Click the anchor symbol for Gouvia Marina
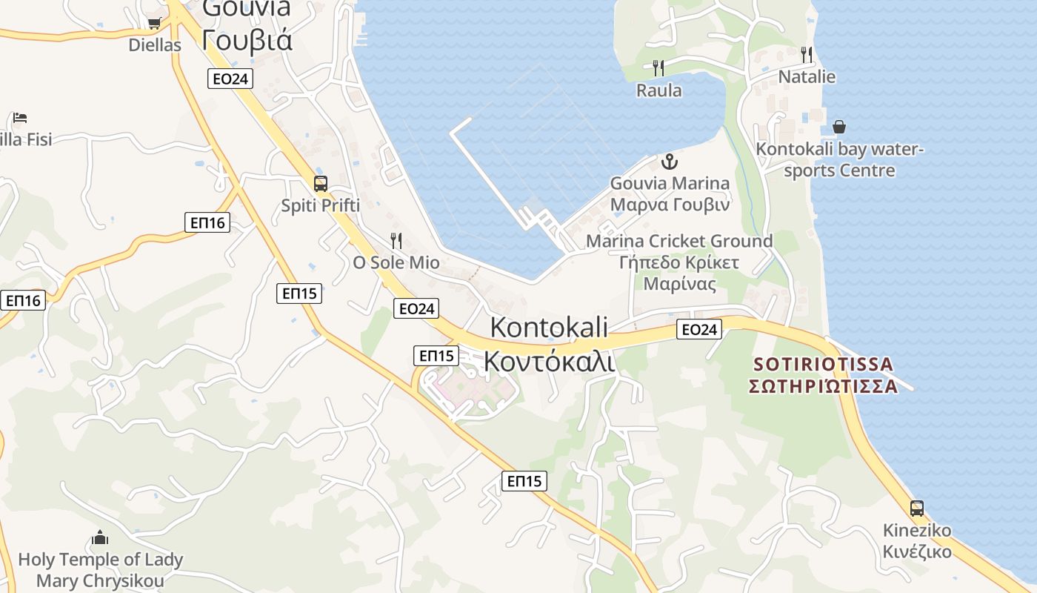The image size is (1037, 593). coord(670,161)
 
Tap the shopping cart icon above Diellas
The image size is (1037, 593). coord(154,23)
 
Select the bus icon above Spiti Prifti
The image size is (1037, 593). coord(321,183)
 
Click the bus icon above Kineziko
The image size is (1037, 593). coord(917,508)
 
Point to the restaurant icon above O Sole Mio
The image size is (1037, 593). coord(396,240)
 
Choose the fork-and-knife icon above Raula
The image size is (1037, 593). coord(658,68)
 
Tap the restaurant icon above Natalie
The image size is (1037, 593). coord(807,54)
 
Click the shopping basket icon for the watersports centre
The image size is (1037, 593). coord(839,127)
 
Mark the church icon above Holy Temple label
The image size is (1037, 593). coord(100,537)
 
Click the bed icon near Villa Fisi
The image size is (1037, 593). coord(20,118)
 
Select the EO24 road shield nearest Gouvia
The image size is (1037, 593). coord(230,79)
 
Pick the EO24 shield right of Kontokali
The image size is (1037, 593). coord(698,329)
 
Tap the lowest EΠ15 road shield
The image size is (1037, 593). coord(524,480)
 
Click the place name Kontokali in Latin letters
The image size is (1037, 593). coord(549,327)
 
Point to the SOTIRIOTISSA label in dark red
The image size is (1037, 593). coord(823,365)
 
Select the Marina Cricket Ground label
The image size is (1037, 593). coord(679,241)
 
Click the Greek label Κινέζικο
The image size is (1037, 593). coord(917,552)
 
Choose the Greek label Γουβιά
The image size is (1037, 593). coord(247,39)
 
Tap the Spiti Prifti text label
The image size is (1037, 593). coord(321,205)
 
